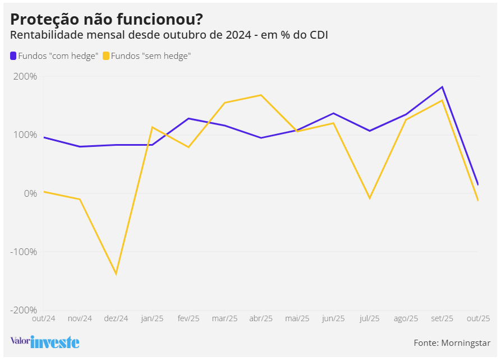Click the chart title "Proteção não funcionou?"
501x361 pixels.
[107, 19]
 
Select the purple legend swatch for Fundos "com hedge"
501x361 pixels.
[13, 56]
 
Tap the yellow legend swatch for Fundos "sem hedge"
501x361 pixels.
[106, 56]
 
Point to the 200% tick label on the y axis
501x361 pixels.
[25, 77]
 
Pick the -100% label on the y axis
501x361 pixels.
[24, 252]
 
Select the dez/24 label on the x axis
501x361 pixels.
[116, 318]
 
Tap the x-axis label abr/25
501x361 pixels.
[261, 318]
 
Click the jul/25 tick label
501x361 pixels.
[370, 318]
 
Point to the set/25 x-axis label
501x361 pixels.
[442, 318]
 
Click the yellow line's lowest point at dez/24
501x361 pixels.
[116, 274]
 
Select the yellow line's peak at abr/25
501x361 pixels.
[261, 95]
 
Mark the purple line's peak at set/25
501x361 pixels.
[442, 87]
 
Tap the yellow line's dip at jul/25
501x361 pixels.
[370, 198]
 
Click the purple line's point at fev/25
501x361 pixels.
[189, 118]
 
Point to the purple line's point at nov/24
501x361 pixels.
[80, 147]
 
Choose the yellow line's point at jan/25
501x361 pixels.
[153, 127]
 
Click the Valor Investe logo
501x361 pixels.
[45, 341]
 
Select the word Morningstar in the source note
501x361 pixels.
[466, 343]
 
